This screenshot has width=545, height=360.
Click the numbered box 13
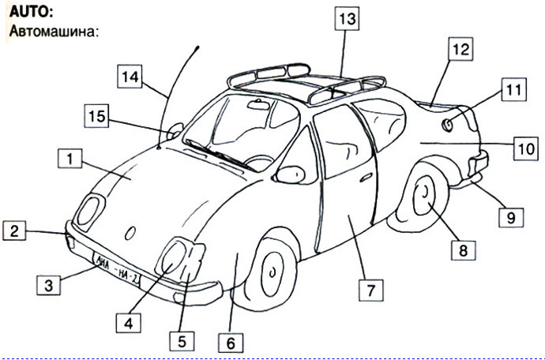coord(347,18)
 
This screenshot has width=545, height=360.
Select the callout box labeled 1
coord(70,159)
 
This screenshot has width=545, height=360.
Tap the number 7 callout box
coord(371,290)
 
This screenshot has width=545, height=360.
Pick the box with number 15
coord(96,116)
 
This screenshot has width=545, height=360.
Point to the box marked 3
coord(49,285)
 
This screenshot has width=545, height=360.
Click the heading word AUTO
coord(31,12)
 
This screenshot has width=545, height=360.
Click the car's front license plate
coord(116,269)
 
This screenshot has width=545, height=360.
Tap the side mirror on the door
coord(290,174)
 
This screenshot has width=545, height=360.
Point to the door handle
coord(366,178)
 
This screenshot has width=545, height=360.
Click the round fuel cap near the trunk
coord(448,125)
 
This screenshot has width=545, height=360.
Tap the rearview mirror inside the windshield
coord(259,104)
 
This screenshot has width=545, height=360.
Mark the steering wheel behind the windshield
coord(259,163)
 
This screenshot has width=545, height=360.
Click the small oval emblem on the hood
coord(130,233)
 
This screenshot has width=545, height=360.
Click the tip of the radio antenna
coord(197,47)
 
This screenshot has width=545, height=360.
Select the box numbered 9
coord(511,218)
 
